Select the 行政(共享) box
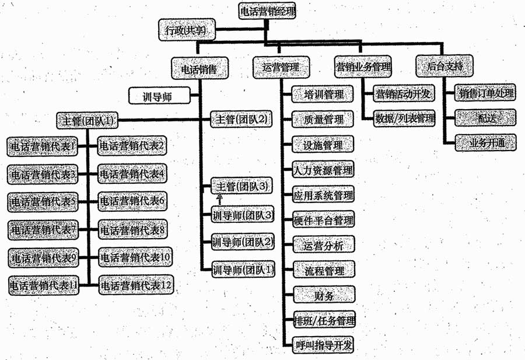(186, 30)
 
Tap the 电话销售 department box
(199, 67)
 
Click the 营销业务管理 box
(363, 67)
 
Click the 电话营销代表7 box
(44, 229)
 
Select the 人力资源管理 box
(324, 170)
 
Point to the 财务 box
(324, 296)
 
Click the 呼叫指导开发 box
(324, 345)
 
